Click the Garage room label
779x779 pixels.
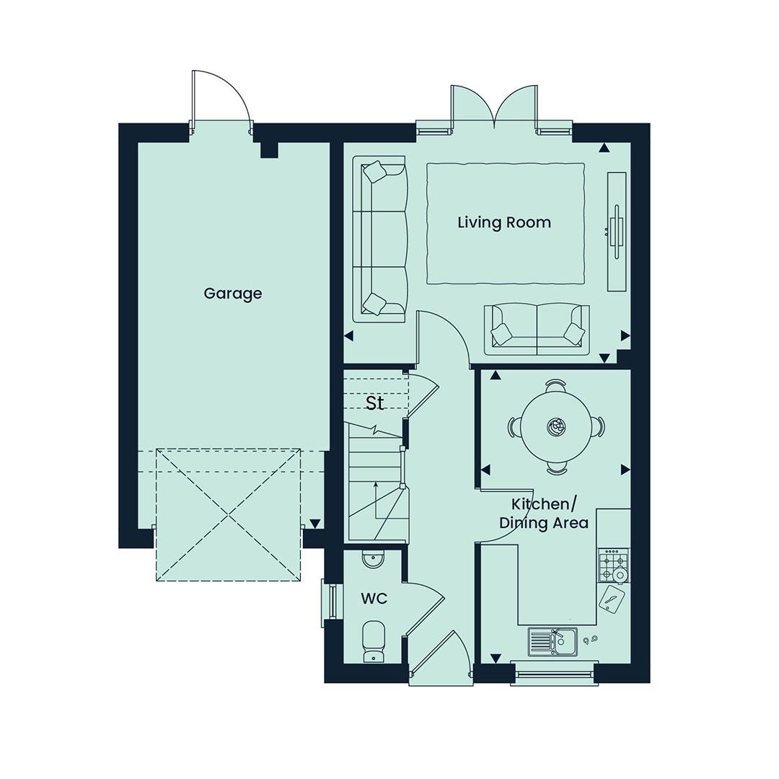(x=232, y=294)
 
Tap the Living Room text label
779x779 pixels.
(x=504, y=222)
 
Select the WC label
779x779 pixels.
(x=374, y=599)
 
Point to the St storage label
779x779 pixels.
(x=374, y=403)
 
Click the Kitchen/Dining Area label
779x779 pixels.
(x=544, y=514)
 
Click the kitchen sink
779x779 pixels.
(x=553, y=642)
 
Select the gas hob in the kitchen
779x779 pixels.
(x=614, y=565)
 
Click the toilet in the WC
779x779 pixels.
(x=373, y=641)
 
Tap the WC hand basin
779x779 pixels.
(x=373, y=560)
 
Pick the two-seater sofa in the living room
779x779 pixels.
(x=537, y=330)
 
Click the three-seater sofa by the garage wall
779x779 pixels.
(x=380, y=239)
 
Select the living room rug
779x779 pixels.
(x=505, y=224)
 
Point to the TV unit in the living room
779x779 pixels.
(x=617, y=232)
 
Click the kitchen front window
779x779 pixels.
(x=555, y=673)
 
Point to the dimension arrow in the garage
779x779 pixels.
(x=315, y=524)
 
